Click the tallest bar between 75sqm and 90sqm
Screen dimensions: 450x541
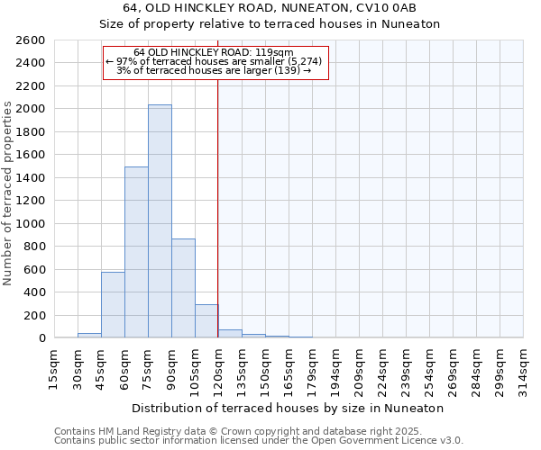(x=160, y=221)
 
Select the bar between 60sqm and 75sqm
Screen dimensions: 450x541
(x=136, y=252)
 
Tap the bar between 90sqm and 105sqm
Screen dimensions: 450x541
(x=183, y=288)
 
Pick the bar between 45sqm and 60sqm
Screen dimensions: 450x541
(x=113, y=304)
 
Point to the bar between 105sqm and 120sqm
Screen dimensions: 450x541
(x=206, y=321)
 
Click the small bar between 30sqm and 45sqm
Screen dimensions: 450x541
(x=89, y=336)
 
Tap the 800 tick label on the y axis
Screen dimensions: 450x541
(x=34, y=247)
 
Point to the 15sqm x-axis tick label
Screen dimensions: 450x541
(x=54, y=369)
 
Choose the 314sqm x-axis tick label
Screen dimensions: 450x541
(x=523, y=369)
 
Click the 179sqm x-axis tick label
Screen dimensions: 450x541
(x=312, y=369)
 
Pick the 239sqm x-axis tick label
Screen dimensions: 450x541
(x=406, y=369)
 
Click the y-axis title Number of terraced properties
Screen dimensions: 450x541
(x=8, y=193)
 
